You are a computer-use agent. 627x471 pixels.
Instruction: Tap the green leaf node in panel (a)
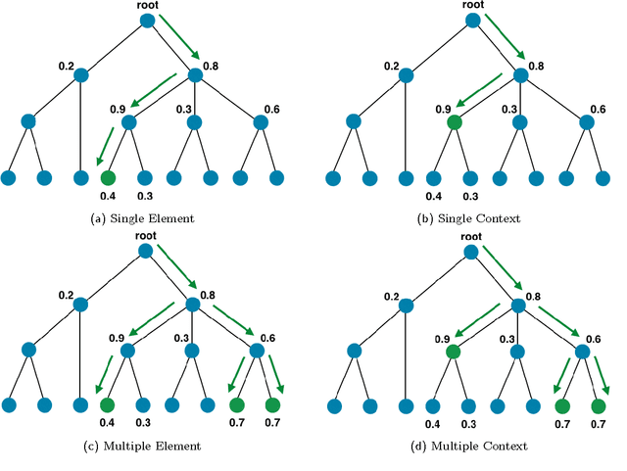pyautogui.click(x=108, y=178)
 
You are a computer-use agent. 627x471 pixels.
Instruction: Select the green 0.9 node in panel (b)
pyautogui.click(x=454, y=123)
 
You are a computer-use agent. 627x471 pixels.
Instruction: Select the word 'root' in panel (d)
pyautogui.click(x=471, y=236)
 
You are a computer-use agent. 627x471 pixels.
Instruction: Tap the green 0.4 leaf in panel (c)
pyautogui.click(x=108, y=405)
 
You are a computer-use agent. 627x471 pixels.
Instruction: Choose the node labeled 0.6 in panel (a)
pyautogui.click(x=260, y=123)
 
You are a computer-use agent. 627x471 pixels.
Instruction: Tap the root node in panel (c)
pyautogui.click(x=145, y=251)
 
